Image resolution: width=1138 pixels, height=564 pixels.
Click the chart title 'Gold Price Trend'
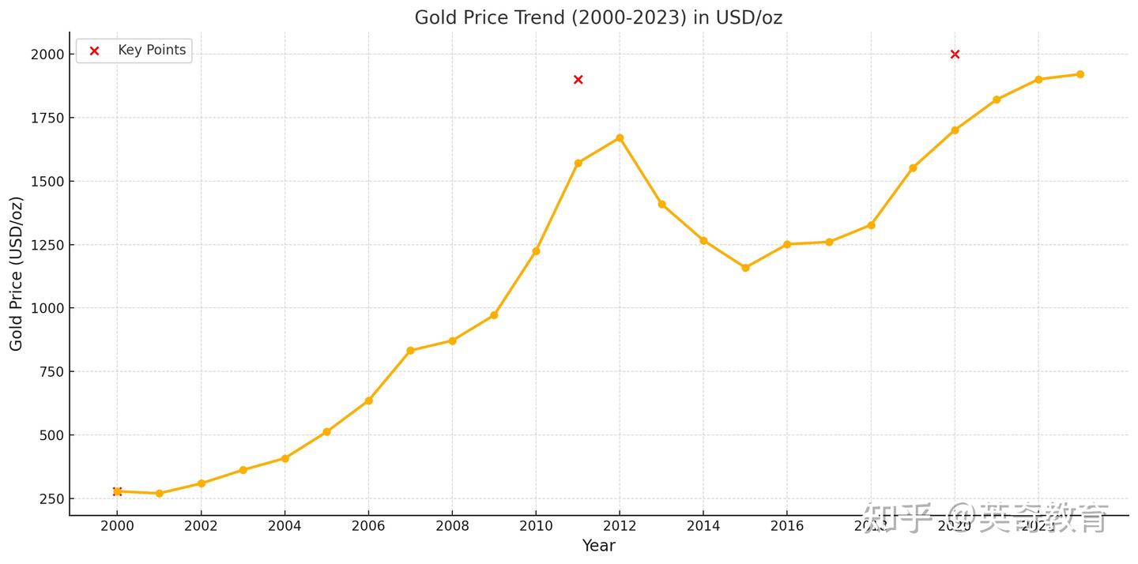(x=598, y=17)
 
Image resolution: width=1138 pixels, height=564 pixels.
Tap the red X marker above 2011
(x=578, y=80)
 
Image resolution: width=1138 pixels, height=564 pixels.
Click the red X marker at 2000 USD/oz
(x=955, y=55)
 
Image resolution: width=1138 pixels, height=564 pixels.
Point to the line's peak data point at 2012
(x=620, y=138)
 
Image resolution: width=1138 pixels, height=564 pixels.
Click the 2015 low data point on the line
(x=745, y=268)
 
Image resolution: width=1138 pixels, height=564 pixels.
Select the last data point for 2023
(x=1080, y=74)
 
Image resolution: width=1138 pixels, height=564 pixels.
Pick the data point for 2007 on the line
(x=410, y=351)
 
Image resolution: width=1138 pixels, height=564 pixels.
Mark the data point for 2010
(x=536, y=251)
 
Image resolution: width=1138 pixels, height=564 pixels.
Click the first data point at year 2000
(x=117, y=491)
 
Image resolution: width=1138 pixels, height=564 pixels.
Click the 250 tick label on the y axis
(x=52, y=498)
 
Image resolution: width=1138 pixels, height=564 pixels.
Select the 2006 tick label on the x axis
(x=368, y=526)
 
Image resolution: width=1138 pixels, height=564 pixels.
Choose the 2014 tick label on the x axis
(x=703, y=526)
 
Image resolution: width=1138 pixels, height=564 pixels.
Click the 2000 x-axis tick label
(x=117, y=526)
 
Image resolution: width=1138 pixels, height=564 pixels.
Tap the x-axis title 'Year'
(x=598, y=546)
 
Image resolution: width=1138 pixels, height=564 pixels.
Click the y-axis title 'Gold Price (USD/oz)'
(x=17, y=273)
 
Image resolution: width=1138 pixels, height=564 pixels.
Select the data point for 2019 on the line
(x=913, y=168)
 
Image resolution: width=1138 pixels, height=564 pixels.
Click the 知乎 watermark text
(x=898, y=518)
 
